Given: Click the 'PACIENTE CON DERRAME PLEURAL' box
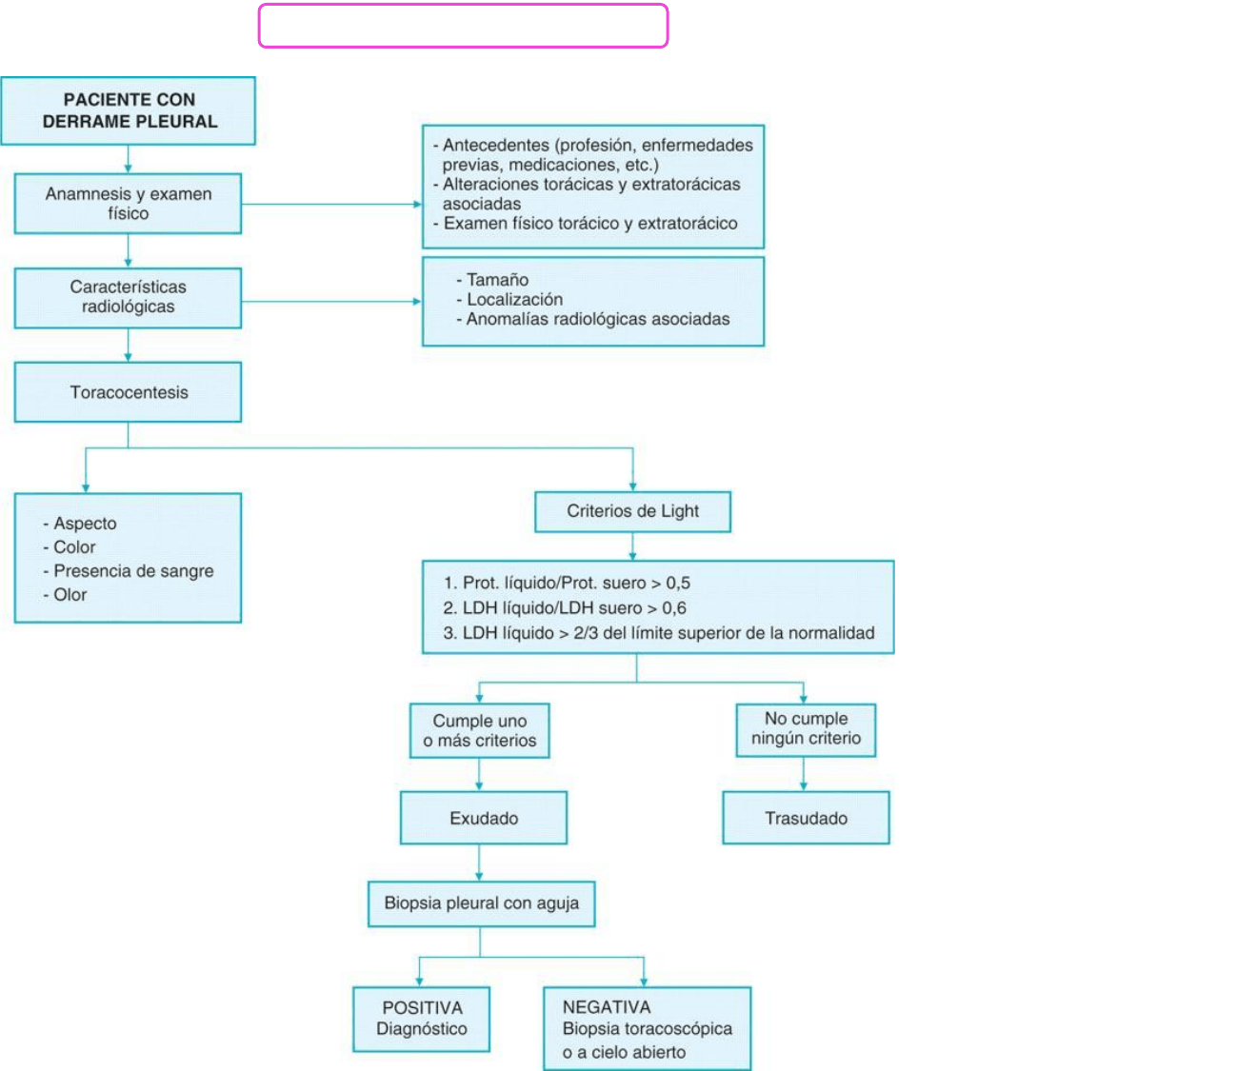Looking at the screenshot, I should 129,110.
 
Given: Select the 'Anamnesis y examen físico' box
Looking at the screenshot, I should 128,204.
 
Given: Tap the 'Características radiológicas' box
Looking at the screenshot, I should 128,297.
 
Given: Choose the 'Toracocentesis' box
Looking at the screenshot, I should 128,392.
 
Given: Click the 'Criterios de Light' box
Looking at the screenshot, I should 632,511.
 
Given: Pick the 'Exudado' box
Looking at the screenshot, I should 484,818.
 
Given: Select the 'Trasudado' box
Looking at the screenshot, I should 806,818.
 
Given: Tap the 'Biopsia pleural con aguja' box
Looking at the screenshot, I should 481,903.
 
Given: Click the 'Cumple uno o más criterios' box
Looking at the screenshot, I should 480,730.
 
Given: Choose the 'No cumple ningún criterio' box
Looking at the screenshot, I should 806,728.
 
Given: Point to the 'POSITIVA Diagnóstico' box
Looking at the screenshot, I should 421,1019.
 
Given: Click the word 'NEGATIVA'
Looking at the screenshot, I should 607,1007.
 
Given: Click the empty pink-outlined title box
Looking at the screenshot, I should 463,26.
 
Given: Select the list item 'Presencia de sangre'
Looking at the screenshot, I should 133,571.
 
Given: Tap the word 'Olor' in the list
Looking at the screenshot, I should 70,595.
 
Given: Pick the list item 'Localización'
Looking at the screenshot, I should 514,299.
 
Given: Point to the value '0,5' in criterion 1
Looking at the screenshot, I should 678,583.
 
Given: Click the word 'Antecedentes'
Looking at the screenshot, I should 495,145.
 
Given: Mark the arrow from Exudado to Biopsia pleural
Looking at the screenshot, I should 479,863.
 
